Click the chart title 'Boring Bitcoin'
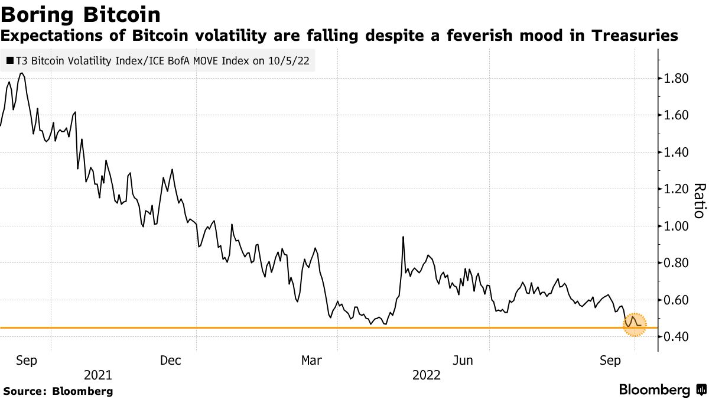(81, 14)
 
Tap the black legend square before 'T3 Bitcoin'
(10, 60)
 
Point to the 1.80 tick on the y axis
(675, 79)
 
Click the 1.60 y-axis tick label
(675, 115)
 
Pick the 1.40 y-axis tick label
(675, 153)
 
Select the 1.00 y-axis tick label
(675, 226)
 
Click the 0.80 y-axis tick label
(675, 263)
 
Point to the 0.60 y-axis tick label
(675, 300)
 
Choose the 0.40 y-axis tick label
(675, 337)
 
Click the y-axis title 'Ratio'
(699, 201)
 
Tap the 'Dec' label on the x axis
(171, 360)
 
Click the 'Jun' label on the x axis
(463, 360)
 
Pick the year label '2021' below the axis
(98, 375)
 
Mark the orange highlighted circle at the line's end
(635, 325)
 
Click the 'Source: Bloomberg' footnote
(58, 391)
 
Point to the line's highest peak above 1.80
(21, 73)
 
